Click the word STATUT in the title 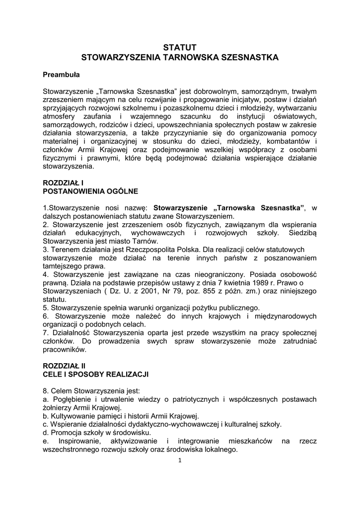point(180,48)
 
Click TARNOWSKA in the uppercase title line point(191,58)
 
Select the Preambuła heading point(61,75)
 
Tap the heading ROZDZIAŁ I point(63,183)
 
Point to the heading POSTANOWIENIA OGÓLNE point(90,190)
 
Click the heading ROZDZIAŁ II point(65,365)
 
